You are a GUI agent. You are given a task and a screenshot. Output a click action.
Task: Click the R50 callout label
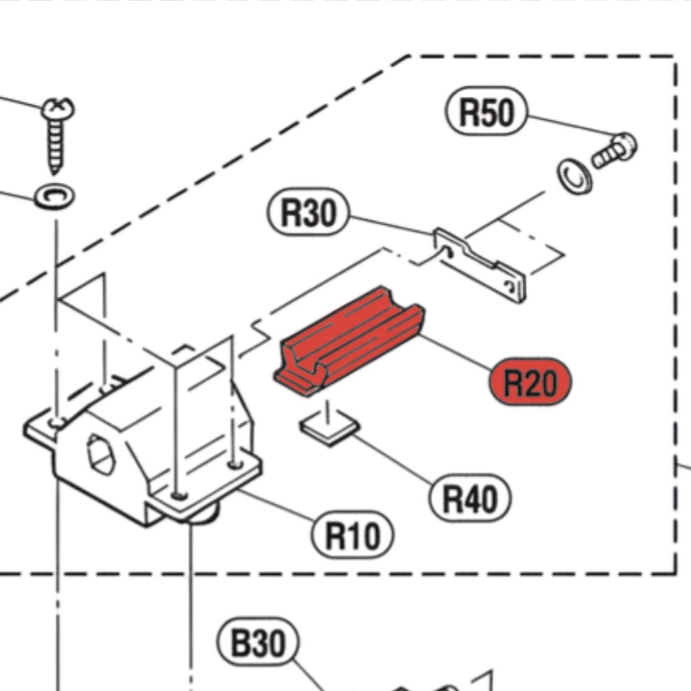486,114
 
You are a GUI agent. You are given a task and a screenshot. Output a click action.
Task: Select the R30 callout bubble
308,213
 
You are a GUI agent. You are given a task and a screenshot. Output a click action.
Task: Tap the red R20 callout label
531,382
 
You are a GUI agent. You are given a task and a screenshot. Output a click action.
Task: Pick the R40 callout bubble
471,499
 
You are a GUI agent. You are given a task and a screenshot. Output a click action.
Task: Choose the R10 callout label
353,535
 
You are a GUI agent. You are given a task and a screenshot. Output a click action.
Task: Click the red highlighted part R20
349,342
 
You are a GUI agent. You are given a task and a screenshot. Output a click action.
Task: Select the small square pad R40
329,430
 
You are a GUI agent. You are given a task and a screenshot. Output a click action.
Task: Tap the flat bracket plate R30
481,264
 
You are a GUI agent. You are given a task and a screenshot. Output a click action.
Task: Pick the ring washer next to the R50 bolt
572,175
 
